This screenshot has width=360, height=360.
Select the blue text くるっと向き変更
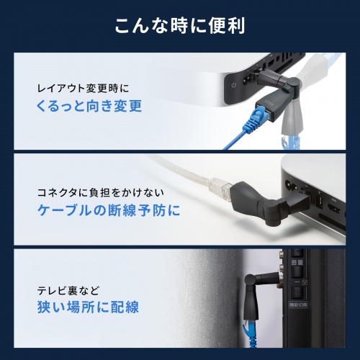pos(89,107)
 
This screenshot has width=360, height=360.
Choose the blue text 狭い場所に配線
pos(89,307)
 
